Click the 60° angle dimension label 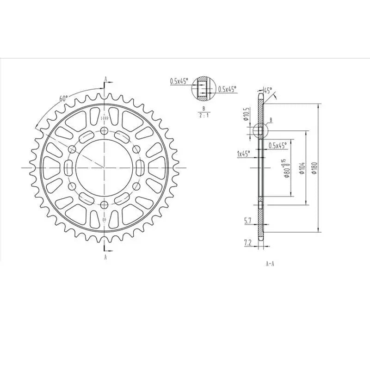63,99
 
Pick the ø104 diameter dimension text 302,168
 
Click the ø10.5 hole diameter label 247,113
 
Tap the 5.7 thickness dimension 248,221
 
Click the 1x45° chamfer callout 243,154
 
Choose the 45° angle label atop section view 268,91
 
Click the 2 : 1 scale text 203,116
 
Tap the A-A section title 270,264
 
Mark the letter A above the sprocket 105,79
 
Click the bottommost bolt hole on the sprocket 105,205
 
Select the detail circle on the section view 260,131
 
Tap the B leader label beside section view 271,120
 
